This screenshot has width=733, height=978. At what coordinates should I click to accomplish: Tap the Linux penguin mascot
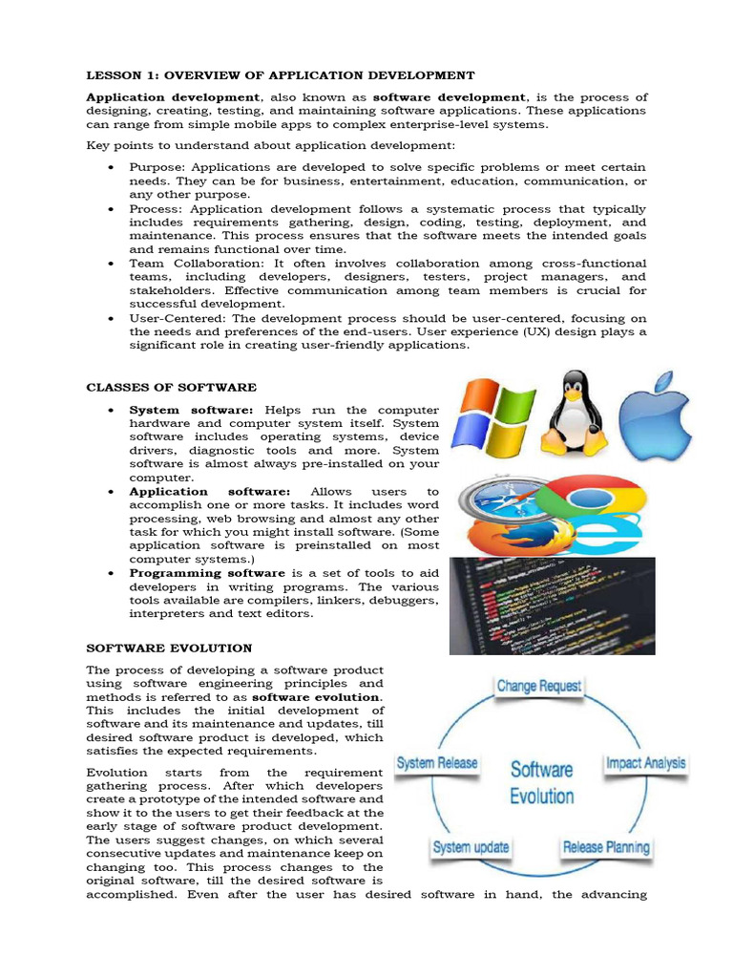point(574,413)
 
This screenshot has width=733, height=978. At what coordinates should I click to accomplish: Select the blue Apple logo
point(654,416)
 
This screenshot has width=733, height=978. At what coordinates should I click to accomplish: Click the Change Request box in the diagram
point(538,686)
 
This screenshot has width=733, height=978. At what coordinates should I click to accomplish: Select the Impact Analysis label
point(645,763)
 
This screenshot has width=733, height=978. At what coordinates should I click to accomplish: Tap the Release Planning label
point(606,847)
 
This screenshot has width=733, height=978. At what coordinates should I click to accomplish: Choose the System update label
point(471,847)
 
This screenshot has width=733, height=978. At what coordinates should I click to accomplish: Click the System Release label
point(437,763)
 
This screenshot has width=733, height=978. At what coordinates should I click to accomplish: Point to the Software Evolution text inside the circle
point(541,782)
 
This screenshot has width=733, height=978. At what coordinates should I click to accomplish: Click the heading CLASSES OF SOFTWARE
point(171,387)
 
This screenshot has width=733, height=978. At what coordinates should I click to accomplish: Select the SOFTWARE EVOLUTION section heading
point(169,648)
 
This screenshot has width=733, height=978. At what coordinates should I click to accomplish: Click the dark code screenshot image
point(539,606)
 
